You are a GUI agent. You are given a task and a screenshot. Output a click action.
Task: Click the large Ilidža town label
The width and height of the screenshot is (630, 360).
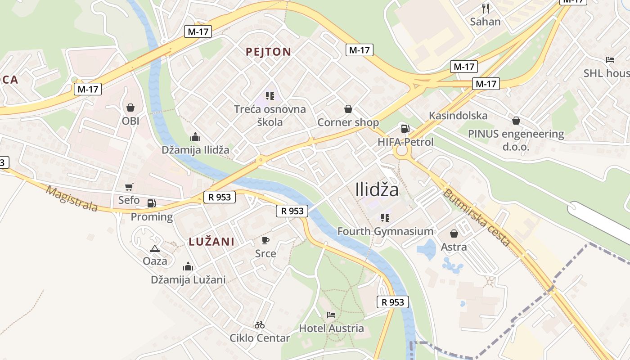[x=377, y=190]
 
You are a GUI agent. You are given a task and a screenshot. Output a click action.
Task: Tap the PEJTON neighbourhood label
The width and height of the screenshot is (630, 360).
[x=269, y=52]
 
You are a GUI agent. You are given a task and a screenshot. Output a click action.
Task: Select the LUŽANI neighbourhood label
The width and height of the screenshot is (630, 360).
[x=211, y=242]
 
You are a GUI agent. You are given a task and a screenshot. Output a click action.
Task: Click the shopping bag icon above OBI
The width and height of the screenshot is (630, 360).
[x=130, y=108]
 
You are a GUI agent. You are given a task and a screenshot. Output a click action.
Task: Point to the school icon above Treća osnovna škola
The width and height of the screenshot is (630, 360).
[x=270, y=95]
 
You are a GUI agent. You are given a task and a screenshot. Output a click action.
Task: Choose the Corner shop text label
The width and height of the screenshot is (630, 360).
[x=348, y=122]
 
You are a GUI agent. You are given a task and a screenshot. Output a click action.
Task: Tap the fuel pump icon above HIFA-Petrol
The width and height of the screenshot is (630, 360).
[x=405, y=129]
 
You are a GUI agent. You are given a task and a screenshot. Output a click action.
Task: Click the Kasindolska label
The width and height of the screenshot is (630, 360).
[x=458, y=116]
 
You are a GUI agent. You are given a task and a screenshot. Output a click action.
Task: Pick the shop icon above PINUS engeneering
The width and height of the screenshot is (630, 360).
[x=516, y=121]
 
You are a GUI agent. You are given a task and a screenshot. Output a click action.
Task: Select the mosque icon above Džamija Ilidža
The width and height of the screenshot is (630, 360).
[x=195, y=137]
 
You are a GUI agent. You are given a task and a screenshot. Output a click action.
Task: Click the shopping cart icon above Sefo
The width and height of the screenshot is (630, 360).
[x=129, y=187]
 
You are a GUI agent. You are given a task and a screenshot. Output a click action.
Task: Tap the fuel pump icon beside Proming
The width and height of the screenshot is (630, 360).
[x=151, y=203]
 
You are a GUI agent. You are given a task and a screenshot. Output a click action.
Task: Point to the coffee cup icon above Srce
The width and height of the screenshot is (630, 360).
[x=265, y=240]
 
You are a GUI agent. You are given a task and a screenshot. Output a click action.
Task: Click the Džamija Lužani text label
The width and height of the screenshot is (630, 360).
[x=188, y=280]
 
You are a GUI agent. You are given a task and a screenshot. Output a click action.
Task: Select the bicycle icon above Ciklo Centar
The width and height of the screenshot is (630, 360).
[x=260, y=325]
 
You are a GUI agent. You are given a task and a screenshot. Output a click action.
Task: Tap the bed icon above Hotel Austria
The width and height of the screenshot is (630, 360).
[x=332, y=315]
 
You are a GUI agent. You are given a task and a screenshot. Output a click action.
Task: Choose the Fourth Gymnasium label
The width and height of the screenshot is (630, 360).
[x=385, y=231]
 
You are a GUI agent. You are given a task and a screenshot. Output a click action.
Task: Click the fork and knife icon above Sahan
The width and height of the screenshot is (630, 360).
[x=486, y=8]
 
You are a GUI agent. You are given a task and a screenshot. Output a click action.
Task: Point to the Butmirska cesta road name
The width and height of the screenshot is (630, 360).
[x=477, y=218]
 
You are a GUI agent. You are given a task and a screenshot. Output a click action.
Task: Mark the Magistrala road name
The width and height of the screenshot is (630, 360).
[x=72, y=198]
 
